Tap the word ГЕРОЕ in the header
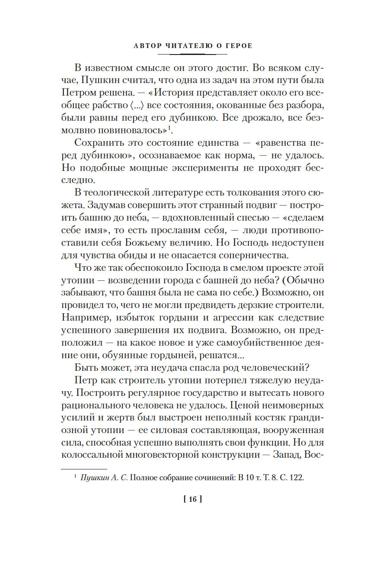236,46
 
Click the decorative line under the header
192,54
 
